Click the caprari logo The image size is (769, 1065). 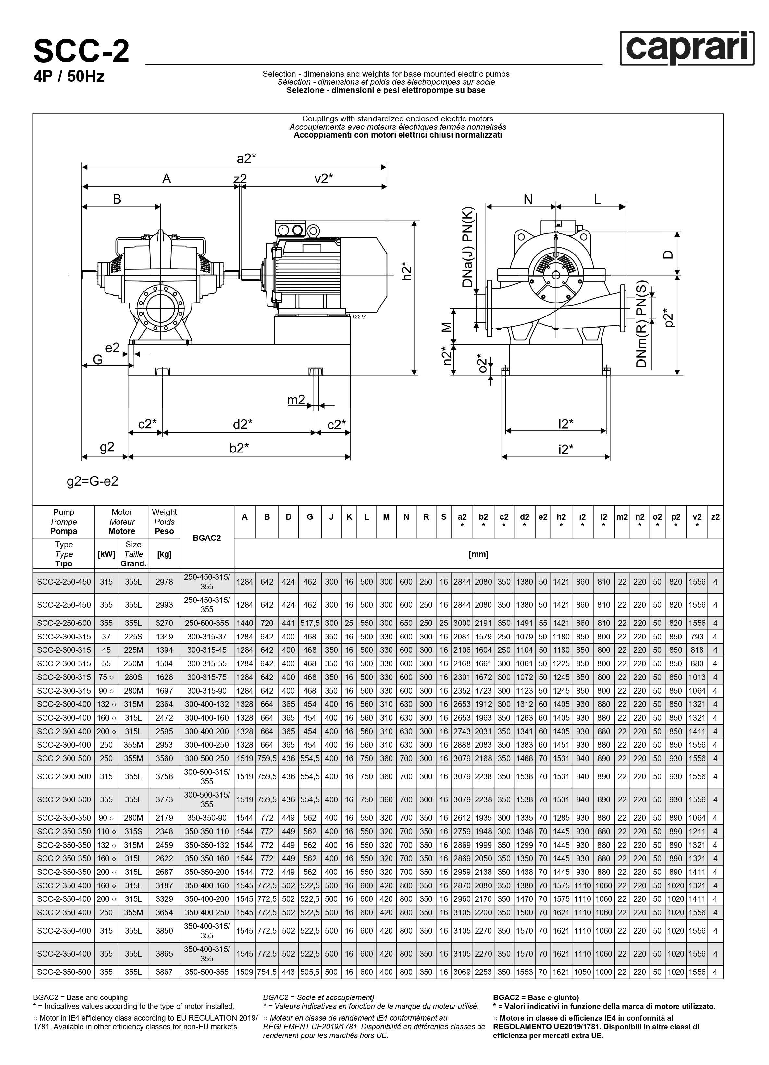pyautogui.click(x=687, y=48)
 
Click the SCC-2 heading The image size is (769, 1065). pyautogui.click(x=81, y=52)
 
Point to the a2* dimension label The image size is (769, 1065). pyautogui.click(x=246, y=159)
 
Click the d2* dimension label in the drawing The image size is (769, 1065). pyautogui.click(x=243, y=425)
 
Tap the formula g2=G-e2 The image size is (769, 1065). pyautogui.click(x=93, y=482)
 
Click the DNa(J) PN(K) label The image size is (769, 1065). pyautogui.click(x=468, y=247)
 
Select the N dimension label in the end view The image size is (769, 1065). pyautogui.click(x=528, y=200)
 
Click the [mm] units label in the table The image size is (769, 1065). pyautogui.click(x=478, y=554)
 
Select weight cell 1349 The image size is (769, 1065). pyautogui.click(x=164, y=637)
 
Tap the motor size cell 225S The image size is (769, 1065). pyautogui.click(x=133, y=637)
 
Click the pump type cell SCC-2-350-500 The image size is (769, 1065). pyautogui.click(x=64, y=972)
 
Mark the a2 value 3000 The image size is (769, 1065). pyautogui.click(x=462, y=623)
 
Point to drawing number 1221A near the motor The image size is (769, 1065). pyautogui.click(x=359, y=317)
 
